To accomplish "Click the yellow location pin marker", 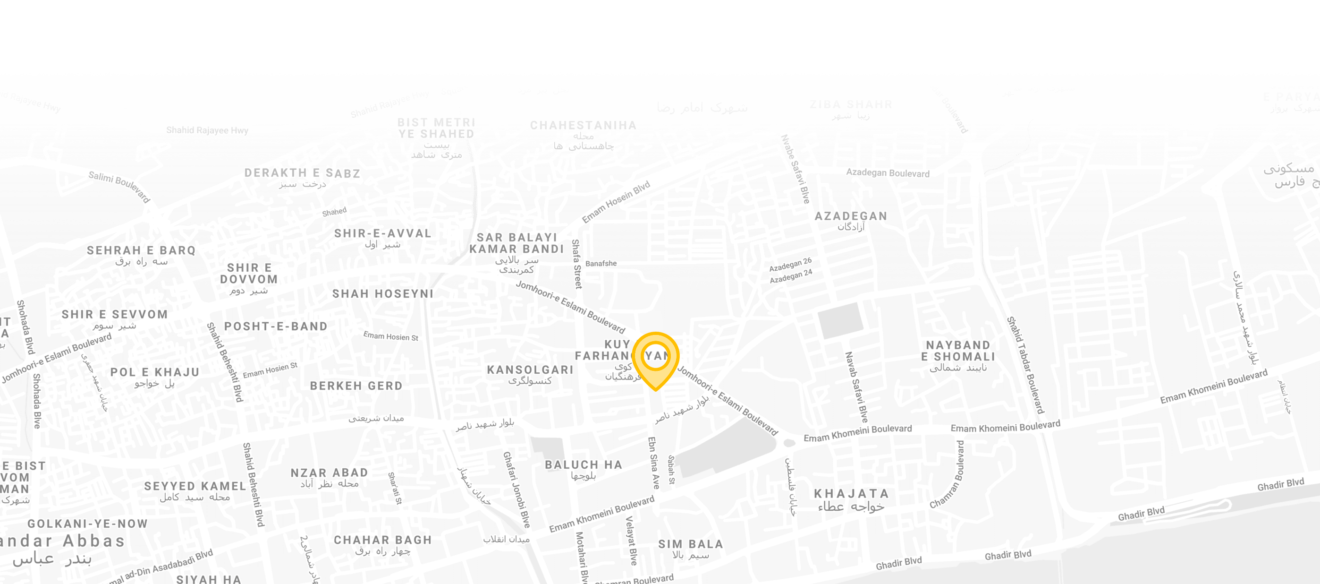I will pyautogui.click(x=655, y=359).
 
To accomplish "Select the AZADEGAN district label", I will pyautogui.click(x=851, y=216).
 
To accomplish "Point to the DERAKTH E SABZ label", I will pyautogui.click(x=302, y=173).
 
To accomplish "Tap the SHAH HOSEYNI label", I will pyautogui.click(x=383, y=294).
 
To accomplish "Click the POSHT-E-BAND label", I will pyautogui.click(x=276, y=326).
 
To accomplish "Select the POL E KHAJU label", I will pyautogui.click(x=155, y=372).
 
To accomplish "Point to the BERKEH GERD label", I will pyautogui.click(x=356, y=386).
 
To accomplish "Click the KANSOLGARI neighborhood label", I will pyautogui.click(x=530, y=370).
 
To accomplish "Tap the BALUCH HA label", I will pyautogui.click(x=583, y=465).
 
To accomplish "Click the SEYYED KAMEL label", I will pyautogui.click(x=195, y=486).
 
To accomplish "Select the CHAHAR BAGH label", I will pyautogui.click(x=383, y=541).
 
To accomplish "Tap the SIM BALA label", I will pyautogui.click(x=690, y=544).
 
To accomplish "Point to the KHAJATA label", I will pyautogui.click(x=851, y=494).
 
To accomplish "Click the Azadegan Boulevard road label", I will pyautogui.click(x=888, y=173).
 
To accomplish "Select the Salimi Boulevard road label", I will pyautogui.click(x=119, y=187).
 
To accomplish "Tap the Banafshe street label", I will pyautogui.click(x=601, y=264).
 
